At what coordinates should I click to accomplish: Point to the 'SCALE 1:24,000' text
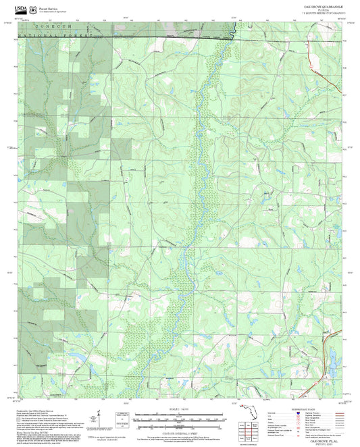point(179,408)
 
